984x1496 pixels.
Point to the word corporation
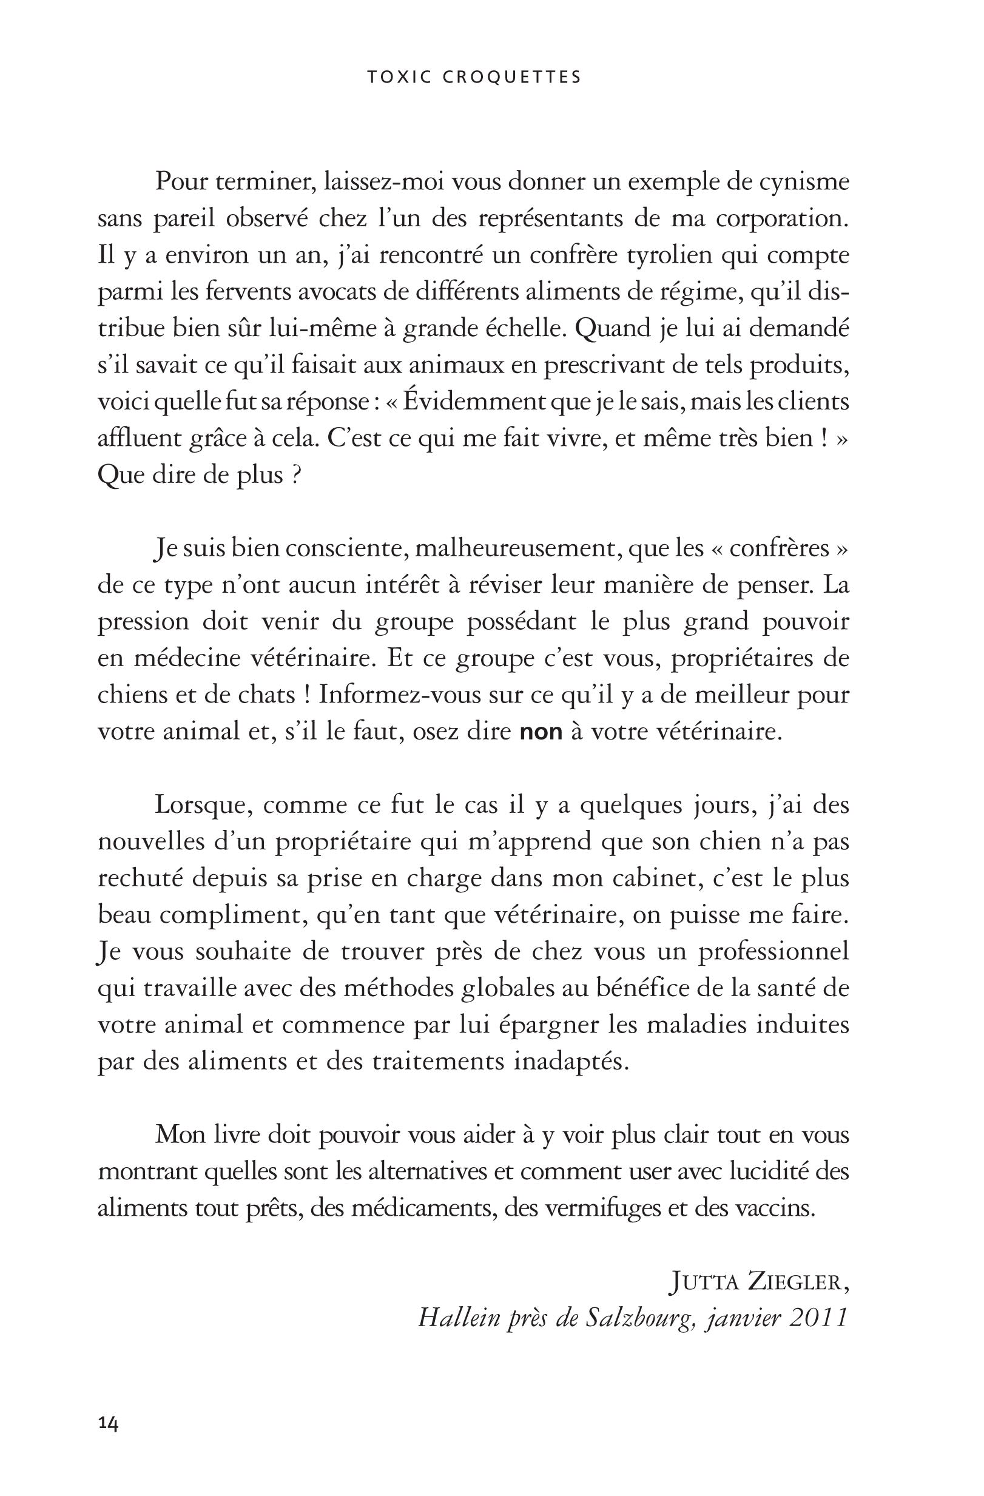783,220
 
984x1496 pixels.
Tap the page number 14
108,1408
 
